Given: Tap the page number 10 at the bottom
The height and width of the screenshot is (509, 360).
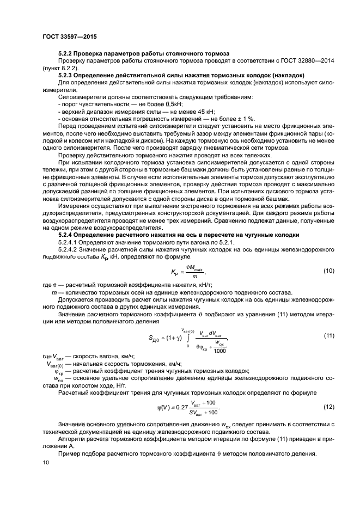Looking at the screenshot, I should click(x=46, y=463).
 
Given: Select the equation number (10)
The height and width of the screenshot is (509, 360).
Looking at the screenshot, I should click(x=328, y=271).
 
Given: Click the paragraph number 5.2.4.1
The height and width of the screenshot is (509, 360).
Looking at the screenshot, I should click(x=69, y=242).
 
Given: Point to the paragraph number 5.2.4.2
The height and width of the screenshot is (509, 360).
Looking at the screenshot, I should click(x=69, y=249).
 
